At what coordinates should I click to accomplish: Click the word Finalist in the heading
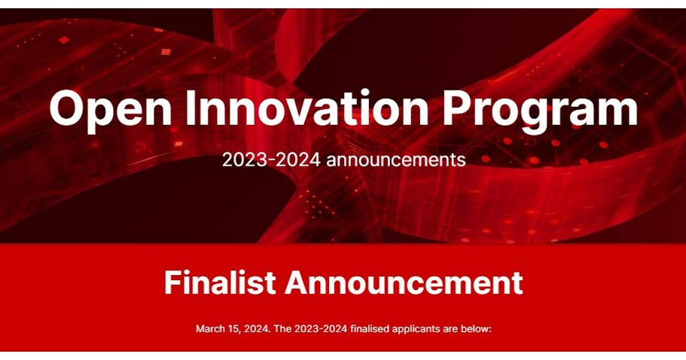pyautogui.click(x=219, y=282)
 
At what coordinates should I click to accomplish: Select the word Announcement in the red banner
pyautogui.click(x=404, y=282)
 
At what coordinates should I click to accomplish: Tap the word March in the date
pyautogui.click(x=209, y=328)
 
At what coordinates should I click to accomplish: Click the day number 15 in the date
pyautogui.click(x=233, y=328)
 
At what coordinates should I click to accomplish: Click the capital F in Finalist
pyautogui.click(x=173, y=282)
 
